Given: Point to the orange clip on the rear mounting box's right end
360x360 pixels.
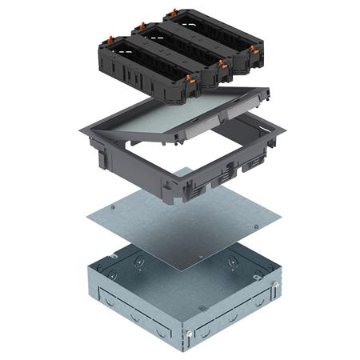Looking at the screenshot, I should coord(254,51).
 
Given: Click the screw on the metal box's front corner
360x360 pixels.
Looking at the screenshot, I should coord(189,334).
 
